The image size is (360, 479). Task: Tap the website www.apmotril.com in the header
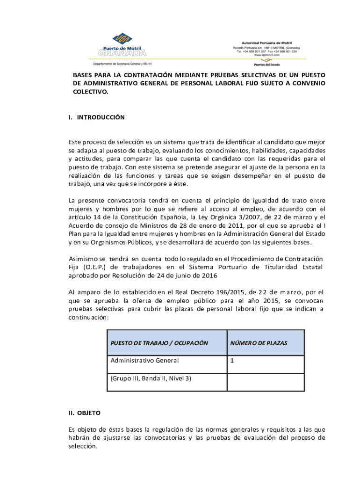(266, 55)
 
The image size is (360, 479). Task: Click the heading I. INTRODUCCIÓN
(96, 117)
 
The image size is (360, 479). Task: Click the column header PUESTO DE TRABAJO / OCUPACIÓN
(159, 343)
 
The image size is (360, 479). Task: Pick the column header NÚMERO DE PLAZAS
(259, 343)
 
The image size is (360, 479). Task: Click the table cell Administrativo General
(144, 361)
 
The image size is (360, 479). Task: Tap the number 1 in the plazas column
(232, 361)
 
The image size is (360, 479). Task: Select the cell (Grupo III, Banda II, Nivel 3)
(151, 378)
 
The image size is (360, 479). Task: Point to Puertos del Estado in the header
(267, 65)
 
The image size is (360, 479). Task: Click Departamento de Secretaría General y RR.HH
(123, 63)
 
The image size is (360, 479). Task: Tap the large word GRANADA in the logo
(122, 52)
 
